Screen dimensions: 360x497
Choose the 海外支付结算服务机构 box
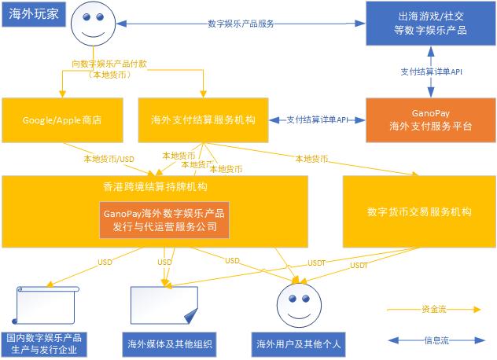coord(203,120)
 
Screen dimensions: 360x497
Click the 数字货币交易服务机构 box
coord(418,211)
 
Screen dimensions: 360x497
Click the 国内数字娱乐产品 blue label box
coord(45,343)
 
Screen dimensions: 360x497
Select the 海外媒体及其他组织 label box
coord(170,343)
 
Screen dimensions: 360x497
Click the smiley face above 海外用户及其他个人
coord(300,303)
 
